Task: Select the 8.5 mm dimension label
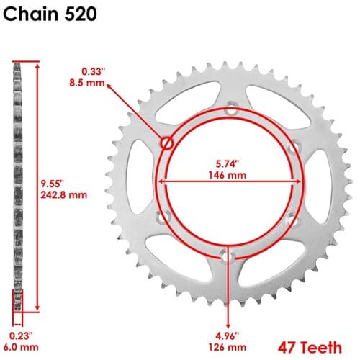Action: point(87,83)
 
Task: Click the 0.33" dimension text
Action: point(94,71)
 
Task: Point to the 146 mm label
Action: point(228,175)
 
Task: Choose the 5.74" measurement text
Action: point(228,164)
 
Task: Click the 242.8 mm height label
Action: point(63,195)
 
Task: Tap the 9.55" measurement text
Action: point(52,184)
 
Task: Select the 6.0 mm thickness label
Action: point(21,347)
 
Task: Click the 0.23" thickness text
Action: point(21,336)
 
